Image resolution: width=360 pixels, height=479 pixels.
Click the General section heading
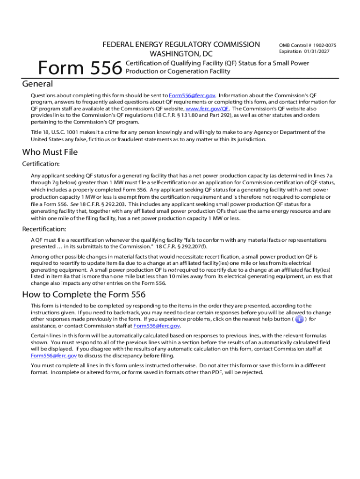pos(38,84)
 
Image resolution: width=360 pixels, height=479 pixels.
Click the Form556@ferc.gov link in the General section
pos(192,95)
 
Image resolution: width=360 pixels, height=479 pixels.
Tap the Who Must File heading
pos(50,152)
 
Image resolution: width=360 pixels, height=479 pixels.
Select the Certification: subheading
pos(41,164)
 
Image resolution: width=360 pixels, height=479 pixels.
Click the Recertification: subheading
pos(44,229)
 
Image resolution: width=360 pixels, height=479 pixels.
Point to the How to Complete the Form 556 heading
pos(84,295)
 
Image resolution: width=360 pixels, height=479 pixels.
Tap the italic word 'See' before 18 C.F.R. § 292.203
pos(74,204)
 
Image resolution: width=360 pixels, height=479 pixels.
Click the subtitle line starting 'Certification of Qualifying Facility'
pos(218,63)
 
